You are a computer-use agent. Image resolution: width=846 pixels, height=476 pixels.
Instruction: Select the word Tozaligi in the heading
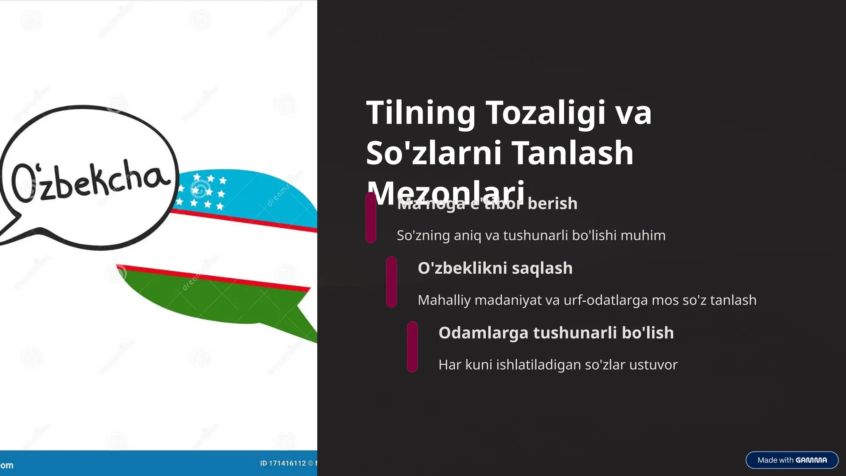point(545,113)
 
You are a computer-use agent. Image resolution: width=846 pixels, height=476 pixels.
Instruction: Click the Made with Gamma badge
point(791,460)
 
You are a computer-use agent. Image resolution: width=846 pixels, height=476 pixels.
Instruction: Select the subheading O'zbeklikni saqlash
point(495,268)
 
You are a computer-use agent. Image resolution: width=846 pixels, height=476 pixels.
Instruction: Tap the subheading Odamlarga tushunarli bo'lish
point(556,333)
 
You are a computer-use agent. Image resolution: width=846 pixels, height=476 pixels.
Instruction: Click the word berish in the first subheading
point(552,204)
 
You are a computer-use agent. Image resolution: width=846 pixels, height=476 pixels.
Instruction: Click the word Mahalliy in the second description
point(444,300)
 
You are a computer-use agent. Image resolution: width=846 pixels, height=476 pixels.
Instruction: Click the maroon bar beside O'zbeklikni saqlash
point(391,282)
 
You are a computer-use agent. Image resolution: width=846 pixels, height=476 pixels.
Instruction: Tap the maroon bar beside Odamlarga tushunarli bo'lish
point(412,347)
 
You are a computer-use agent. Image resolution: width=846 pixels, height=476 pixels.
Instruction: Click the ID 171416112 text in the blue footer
point(283,463)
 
